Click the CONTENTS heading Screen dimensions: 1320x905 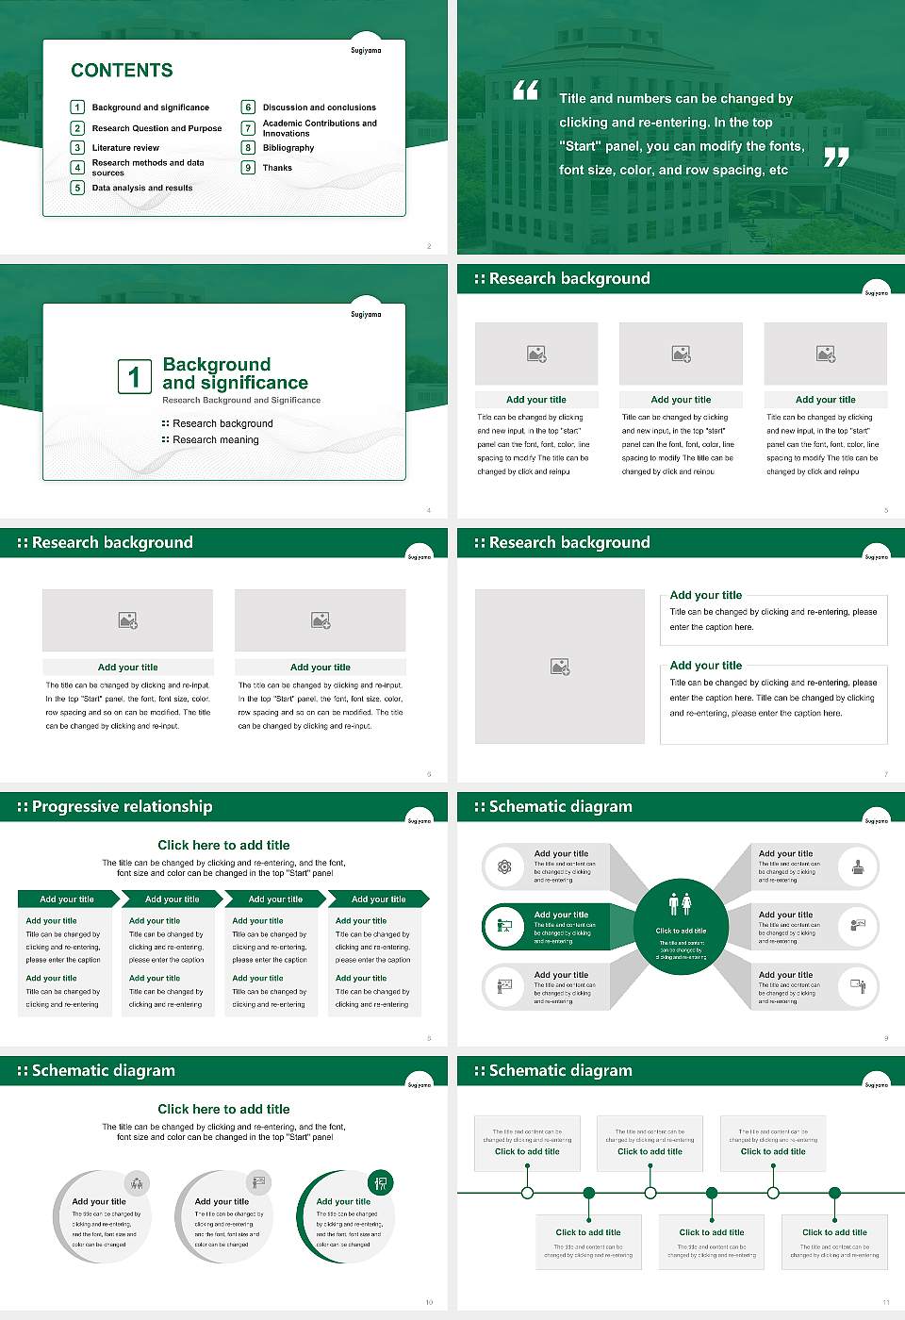[122, 71]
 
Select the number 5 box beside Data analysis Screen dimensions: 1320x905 [78, 188]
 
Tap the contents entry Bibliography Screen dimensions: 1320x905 [288, 148]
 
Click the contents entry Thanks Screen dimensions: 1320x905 [277, 168]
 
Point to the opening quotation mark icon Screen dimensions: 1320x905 [525, 91]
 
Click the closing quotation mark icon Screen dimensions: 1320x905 [836, 157]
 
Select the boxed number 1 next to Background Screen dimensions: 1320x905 [134, 376]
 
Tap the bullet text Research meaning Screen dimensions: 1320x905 [215, 440]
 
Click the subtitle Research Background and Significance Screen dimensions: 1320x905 [241, 401]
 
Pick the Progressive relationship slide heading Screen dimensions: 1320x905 [122, 807]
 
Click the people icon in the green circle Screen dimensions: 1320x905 [681, 904]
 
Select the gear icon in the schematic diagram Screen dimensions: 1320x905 [505, 866]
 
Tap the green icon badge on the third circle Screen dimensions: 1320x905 [380, 1182]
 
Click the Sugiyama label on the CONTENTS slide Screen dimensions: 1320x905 [366, 51]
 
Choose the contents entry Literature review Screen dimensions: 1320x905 [125, 148]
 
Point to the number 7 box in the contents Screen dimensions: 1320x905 [249, 128]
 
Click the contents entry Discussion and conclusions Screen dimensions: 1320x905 [319, 107]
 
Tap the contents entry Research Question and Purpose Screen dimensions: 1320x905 [156, 128]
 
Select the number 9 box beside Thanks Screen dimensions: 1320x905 [249, 168]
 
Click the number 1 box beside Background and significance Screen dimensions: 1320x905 [78, 107]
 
